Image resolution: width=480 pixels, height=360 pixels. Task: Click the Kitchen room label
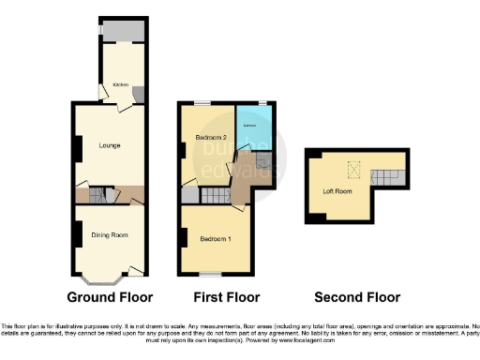[121, 84]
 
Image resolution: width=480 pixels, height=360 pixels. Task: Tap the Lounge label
[110, 145]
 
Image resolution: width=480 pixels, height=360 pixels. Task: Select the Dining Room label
[109, 234]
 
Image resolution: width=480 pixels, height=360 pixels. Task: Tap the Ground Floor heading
[110, 298]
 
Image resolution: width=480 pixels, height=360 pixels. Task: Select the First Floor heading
[225, 298]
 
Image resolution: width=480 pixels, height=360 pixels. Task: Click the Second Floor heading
[356, 298]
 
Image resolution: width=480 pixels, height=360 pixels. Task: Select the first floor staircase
[217, 195]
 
